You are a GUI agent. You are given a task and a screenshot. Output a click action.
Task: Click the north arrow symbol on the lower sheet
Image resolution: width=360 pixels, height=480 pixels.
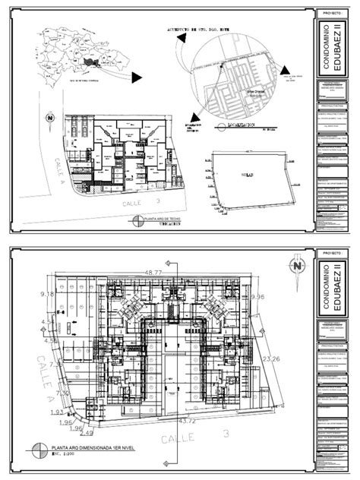click(295, 265)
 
